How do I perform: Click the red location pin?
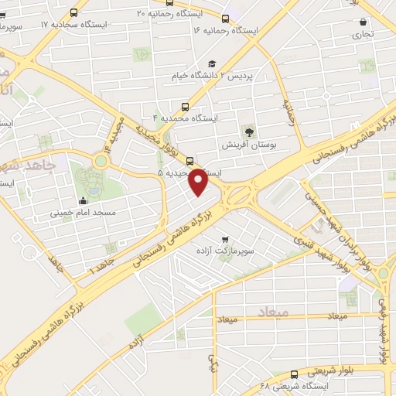click(x=198, y=181)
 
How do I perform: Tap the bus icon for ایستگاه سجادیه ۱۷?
click(x=73, y=12)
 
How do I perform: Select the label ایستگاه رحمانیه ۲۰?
click(x=164, y=13)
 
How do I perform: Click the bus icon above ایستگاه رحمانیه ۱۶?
click(x=225, y=19)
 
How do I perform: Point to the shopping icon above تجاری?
click(x=364, y=22)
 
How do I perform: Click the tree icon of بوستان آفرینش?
click(x=248, y=131)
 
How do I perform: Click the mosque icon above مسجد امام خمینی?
click(x=84, y=200)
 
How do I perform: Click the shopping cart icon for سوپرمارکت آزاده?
click(x=225, y=240)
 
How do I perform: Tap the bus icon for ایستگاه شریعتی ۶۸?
click(x=293, y=374)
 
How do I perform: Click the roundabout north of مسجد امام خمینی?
click(x=101, y=161)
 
